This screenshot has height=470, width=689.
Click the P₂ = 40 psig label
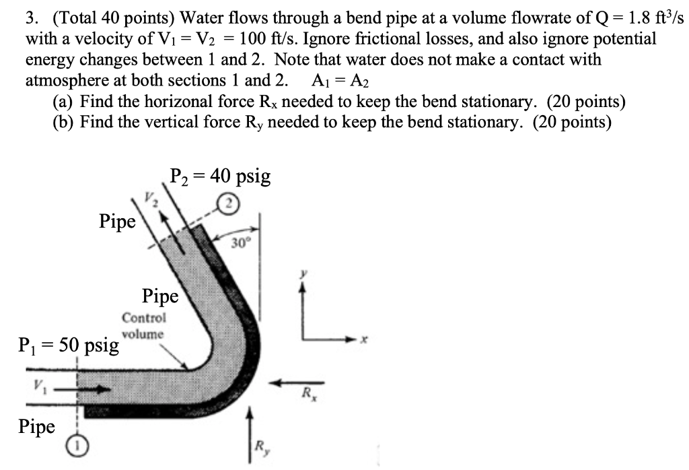click(x=220, y=176)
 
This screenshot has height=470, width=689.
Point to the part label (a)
click(x=63, y=102)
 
